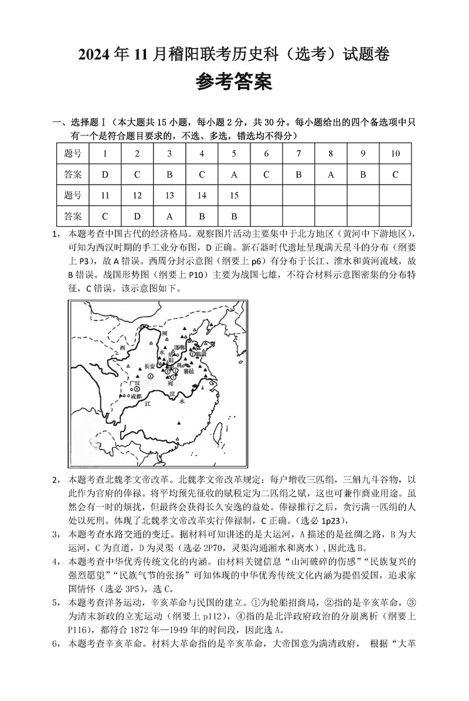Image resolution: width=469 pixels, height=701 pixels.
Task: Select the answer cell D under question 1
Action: click(106, 174)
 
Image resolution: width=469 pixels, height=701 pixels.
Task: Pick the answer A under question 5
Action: click(234, 174)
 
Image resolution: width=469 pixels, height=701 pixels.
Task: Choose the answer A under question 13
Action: click(169, 216)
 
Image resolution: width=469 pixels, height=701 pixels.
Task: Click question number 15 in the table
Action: click(234, 195)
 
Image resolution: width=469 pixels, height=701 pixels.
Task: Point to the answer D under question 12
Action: click(137, 216)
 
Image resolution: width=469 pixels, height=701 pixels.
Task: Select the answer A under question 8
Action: click(331, 174)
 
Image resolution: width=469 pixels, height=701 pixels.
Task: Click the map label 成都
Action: click(137, 396)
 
